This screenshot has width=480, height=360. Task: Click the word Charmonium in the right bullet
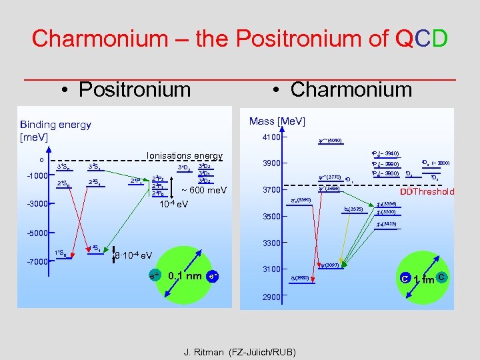click(x=351, y=89)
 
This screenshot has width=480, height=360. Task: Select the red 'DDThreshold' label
click(x=426, y=191)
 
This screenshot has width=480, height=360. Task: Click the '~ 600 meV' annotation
click(x=204, y=191)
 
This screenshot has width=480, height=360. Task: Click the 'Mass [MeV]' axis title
click(x=277, y=121)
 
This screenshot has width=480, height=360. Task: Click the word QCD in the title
click(x=423, y=38)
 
